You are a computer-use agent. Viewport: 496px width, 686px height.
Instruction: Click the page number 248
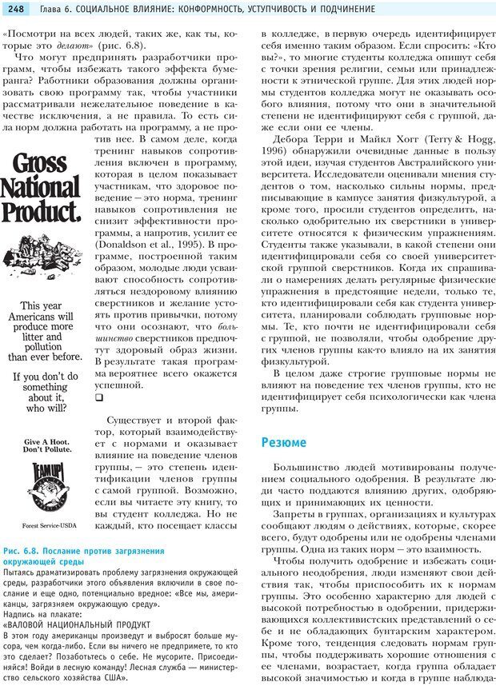(x=17, y=9)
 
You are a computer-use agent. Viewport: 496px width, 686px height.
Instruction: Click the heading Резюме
(x=283, y=442)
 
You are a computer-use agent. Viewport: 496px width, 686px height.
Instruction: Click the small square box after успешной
(x=99, y=397)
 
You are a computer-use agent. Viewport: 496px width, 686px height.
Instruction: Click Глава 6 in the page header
(x=55, y=9)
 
